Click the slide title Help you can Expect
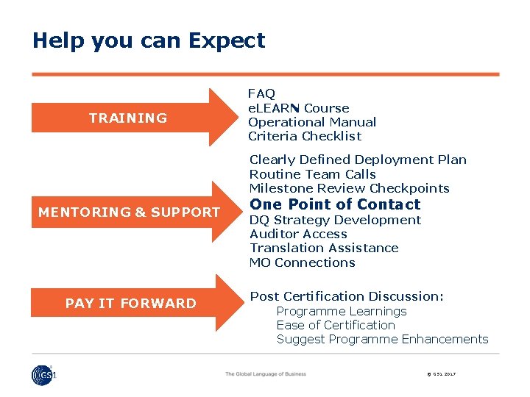[149, 40]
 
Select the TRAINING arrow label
[128, 118]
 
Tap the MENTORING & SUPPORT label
[129, 212]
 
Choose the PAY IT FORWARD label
[131, 303]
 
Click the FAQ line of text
[261, 93]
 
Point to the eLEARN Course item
[298, 108]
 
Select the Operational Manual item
[312, 122]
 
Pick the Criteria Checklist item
[305, 136]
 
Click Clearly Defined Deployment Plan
[358, 160]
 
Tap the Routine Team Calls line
[313, 174]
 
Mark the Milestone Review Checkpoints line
[349, 188]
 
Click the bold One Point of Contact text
[335, 204]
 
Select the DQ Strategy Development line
[335, 220]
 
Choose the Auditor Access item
[298, 234]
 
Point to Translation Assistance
[324, 248]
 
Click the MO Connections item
[302, 262]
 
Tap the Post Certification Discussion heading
[347, 296]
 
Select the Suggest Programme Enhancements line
[382, 339]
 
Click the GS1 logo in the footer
[43, 375]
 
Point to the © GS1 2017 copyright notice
[441, 374]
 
